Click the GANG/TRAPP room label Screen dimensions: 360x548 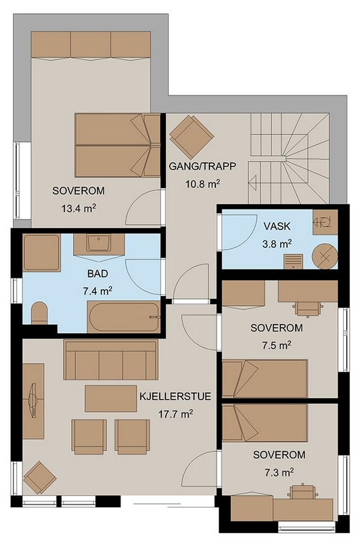[203, 166]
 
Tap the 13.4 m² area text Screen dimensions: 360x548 [79, 209]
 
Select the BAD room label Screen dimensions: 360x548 [98, 274]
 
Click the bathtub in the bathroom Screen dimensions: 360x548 [124, 318]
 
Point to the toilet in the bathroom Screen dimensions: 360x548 [39, 313]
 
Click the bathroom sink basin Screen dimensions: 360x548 [99, 243]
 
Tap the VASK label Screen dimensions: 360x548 [277, 226]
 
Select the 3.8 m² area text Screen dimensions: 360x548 [277, 244]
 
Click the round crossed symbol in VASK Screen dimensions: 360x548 [325, 256]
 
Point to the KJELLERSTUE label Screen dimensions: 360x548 [175, 397]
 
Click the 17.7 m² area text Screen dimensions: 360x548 [176, 415]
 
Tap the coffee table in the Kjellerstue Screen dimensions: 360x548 [111, 399]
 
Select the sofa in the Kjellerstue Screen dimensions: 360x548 [110, 360]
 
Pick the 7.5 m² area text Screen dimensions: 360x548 [277, 345]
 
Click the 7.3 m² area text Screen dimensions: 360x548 [278, 472]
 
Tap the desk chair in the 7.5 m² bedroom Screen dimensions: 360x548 [308, 309]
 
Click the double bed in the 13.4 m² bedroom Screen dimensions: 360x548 [118, 145]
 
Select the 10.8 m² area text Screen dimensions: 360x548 [203, 184]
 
